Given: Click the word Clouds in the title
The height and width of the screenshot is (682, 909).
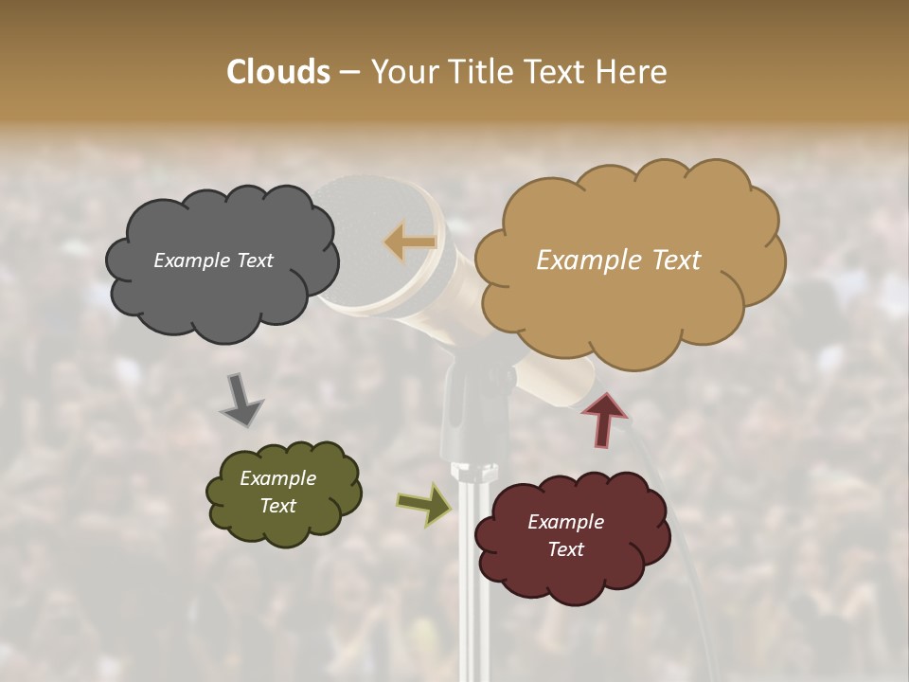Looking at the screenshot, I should click(x=278, y=72).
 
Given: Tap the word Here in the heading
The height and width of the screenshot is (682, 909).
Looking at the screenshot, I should click(x=633, y=72).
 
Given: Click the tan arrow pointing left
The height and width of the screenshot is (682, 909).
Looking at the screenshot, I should click(x=410, y=242).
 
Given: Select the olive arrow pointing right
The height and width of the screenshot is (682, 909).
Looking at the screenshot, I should click(x=423, y=503).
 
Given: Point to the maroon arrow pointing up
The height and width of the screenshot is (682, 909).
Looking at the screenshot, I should click(x=603, y=418).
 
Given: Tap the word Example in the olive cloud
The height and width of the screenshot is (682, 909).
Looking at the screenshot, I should click(x=277, y=478).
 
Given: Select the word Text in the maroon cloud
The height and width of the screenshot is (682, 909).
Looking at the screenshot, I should click(x=565, y=549).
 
